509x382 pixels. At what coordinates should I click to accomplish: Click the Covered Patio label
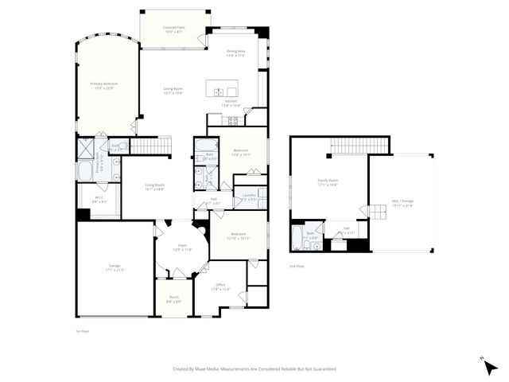pyautogui.click(x=174, y=29)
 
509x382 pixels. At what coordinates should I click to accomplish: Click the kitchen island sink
pyautogui.click(x=220, y=92)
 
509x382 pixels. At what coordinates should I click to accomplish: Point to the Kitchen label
pyautogui.click(x=231, y=103)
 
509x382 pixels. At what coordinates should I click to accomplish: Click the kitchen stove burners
pyautogui.click(x=234, y=121)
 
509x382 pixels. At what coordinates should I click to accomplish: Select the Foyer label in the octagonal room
pyautogui.click(x=181, y=247)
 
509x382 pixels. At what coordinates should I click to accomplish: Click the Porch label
pyautogui.click(x=173, y=300)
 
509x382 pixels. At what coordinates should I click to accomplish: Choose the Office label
pyautogui.click(x=220, y=287)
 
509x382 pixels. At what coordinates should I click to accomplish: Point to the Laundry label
pyautogui.click(x=248, y=196)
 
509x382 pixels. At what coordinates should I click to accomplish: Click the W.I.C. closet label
pyautogui.click(x=99, y=200)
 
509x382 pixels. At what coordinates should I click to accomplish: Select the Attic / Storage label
pyautogui.click(x=402, y=202)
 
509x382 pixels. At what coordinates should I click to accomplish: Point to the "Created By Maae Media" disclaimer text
pyautogui.click(x=254, y=368)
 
